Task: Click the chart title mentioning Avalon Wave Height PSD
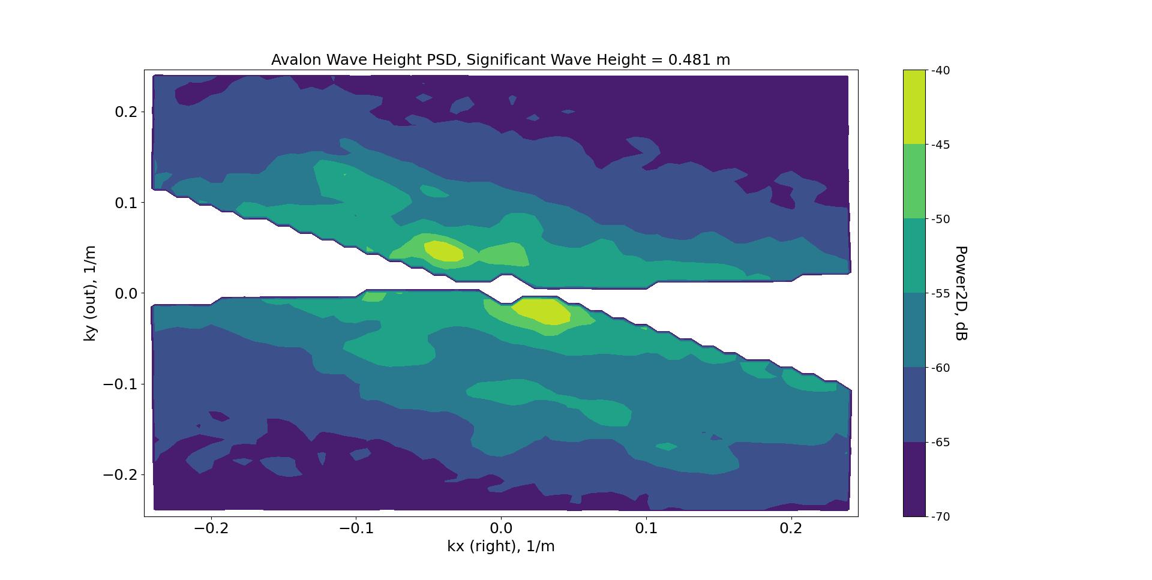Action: tap(500, 60)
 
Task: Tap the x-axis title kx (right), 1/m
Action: tap(500, 546)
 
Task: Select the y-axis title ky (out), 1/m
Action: tap(90, 293)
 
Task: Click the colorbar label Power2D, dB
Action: tap(960, 293)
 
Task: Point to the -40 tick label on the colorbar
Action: tap(940, 71)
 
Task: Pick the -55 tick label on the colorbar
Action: tap(940, 293)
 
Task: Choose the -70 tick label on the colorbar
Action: tap(940, 516)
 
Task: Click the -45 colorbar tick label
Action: tap(940, 145)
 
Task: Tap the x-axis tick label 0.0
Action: tap(500, 528)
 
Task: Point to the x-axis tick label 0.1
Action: tap(646, 528)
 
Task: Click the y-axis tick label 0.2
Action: tap(126, 112)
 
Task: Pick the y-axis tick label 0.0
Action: tap(126, 293)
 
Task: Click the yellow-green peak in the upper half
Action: tap(444, 251)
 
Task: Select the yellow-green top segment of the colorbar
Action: tap(914, 107)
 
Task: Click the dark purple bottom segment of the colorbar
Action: tap(914, 479)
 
